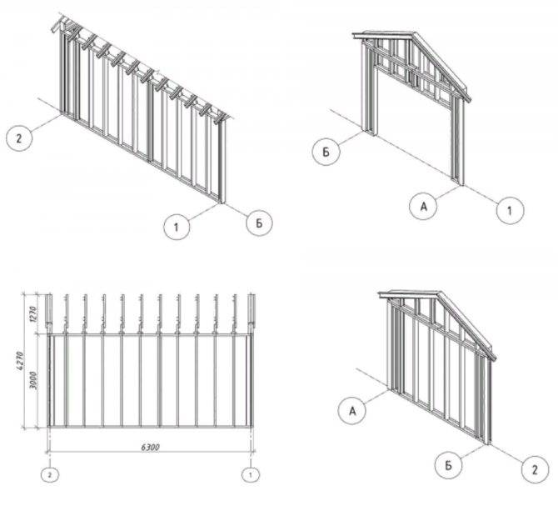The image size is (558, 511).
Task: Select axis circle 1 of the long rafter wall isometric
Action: pos(176,226)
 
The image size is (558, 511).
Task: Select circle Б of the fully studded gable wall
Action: pos(448,464)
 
